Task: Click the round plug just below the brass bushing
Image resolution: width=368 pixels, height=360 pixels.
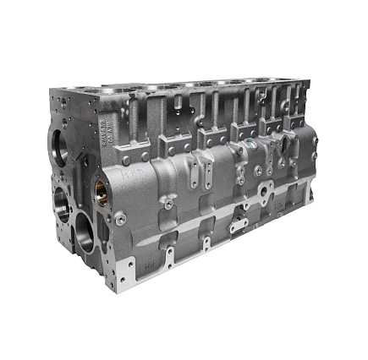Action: tap(121, 217)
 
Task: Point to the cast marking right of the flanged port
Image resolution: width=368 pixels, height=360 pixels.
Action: tap(276, 204)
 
